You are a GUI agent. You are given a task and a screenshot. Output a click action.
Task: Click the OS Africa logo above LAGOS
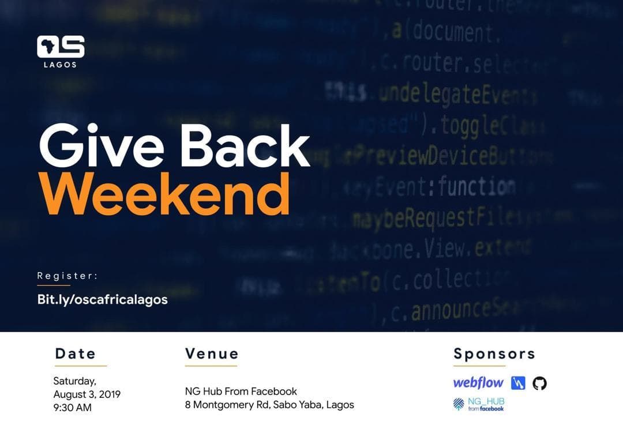click(61, 47)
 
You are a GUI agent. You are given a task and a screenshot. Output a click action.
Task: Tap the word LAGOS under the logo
click(60, 65)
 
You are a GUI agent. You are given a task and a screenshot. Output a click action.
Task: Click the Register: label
click(67, 276)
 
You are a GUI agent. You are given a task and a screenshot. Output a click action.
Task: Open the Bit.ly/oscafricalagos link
click(102, 299)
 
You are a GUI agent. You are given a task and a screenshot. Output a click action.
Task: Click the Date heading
click(76, 353)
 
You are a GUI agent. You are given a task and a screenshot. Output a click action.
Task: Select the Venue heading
click(212, 353)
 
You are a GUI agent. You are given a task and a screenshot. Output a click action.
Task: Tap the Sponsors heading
click(494, 353)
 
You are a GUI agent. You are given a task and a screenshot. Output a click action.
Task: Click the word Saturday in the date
click(74, 381)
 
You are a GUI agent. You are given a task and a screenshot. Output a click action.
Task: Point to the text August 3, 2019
click(87, 394)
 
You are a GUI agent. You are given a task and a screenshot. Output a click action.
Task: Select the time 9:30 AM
click(72, 408)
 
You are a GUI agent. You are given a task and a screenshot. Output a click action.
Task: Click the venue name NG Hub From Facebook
click(241, 392)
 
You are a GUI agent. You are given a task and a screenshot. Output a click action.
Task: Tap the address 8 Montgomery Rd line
click(269, 405)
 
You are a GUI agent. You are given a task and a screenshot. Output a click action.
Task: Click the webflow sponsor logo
click(478, 383)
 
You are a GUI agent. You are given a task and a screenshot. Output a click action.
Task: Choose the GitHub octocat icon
click(539, 383)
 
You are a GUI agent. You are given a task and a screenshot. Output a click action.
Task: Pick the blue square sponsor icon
click(518, 383)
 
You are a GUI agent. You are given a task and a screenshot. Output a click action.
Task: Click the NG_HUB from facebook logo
click(478, 404)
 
